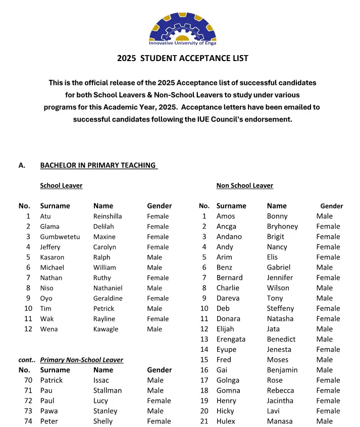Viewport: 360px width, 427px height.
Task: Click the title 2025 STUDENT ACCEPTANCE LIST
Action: (182, 58)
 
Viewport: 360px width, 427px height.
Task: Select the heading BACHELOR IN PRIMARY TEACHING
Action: (98, 165)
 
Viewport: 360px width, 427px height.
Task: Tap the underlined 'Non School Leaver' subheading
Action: (244, 185)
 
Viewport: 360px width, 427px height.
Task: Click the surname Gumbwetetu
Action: (60, 237)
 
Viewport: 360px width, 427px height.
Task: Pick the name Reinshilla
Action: (108, 216)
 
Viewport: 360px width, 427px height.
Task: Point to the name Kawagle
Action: (106, 329)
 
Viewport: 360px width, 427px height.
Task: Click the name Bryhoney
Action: (282, 226)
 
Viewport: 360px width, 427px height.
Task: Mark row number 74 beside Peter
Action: (28, 421)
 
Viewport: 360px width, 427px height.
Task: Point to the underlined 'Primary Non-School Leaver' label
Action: (82, 360)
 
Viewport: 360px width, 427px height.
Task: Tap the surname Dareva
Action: (228, 298)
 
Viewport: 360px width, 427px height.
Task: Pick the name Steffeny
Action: (280, 308)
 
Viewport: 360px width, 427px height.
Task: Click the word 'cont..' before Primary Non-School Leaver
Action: (27, 360)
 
